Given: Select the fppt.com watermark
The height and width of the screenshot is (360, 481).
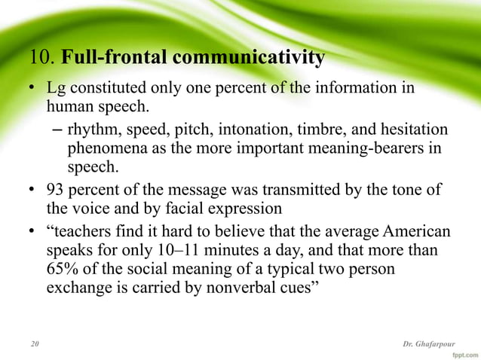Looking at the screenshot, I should point(462,352).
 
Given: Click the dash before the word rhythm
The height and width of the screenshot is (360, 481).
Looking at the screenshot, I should point(57,129).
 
